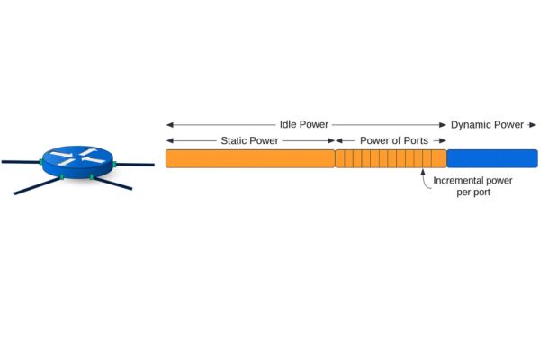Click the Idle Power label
(304, 124)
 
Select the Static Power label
(250, 141)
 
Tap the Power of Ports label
(394, 141)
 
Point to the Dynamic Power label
(487, 124)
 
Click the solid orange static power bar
(250, 159)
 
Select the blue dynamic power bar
(492, 159)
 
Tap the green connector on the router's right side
(115, 163)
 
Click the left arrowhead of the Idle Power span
(169, 124)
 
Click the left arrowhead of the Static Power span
(169, 141)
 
